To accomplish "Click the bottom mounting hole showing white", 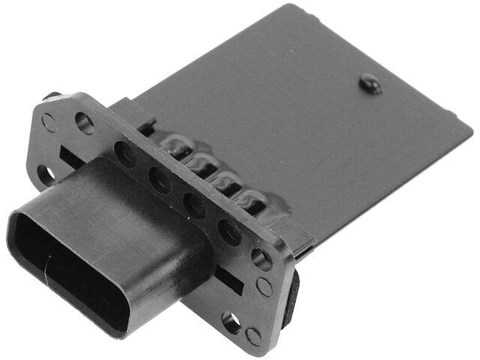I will tap(229, 320).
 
